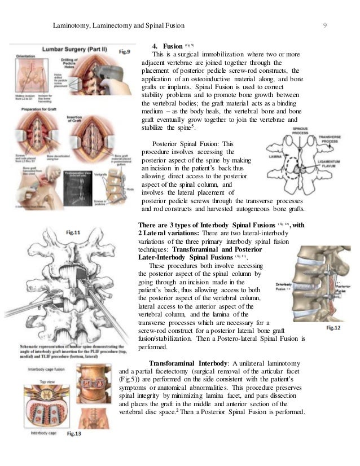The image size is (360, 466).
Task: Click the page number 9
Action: [x=326, y=25]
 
